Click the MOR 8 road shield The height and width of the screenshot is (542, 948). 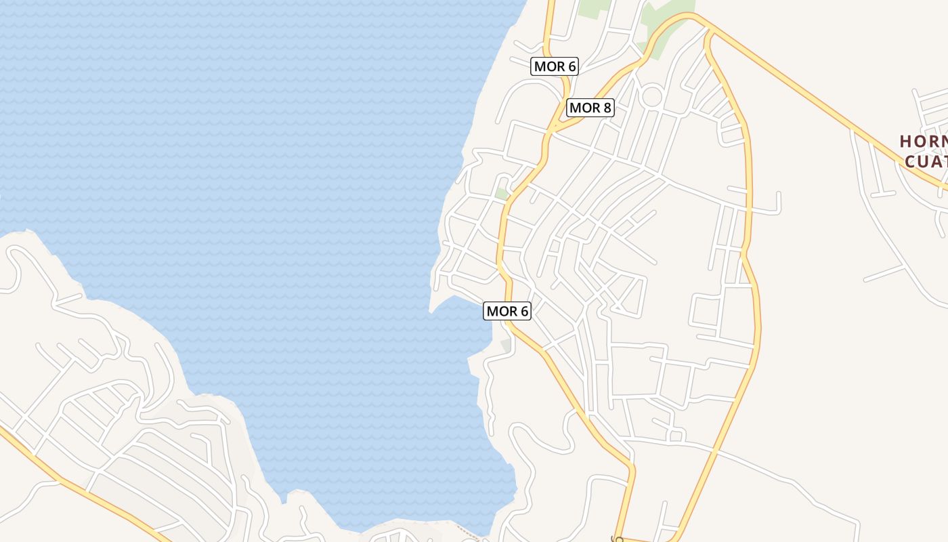click(590, 107)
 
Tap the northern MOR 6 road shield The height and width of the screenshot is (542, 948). click(555, 66)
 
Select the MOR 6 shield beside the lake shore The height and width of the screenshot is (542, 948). click(507, 311)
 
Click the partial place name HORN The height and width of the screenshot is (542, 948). click(923, 142)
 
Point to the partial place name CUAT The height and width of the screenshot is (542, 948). click(926, 161)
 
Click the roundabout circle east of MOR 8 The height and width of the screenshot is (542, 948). click(651, 96)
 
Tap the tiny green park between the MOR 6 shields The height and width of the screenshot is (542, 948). click(502, 194)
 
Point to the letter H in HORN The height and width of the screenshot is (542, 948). click(906, 142)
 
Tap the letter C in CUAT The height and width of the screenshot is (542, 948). click(911, 161)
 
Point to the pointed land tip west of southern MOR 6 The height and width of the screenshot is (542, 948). click(431, 312)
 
